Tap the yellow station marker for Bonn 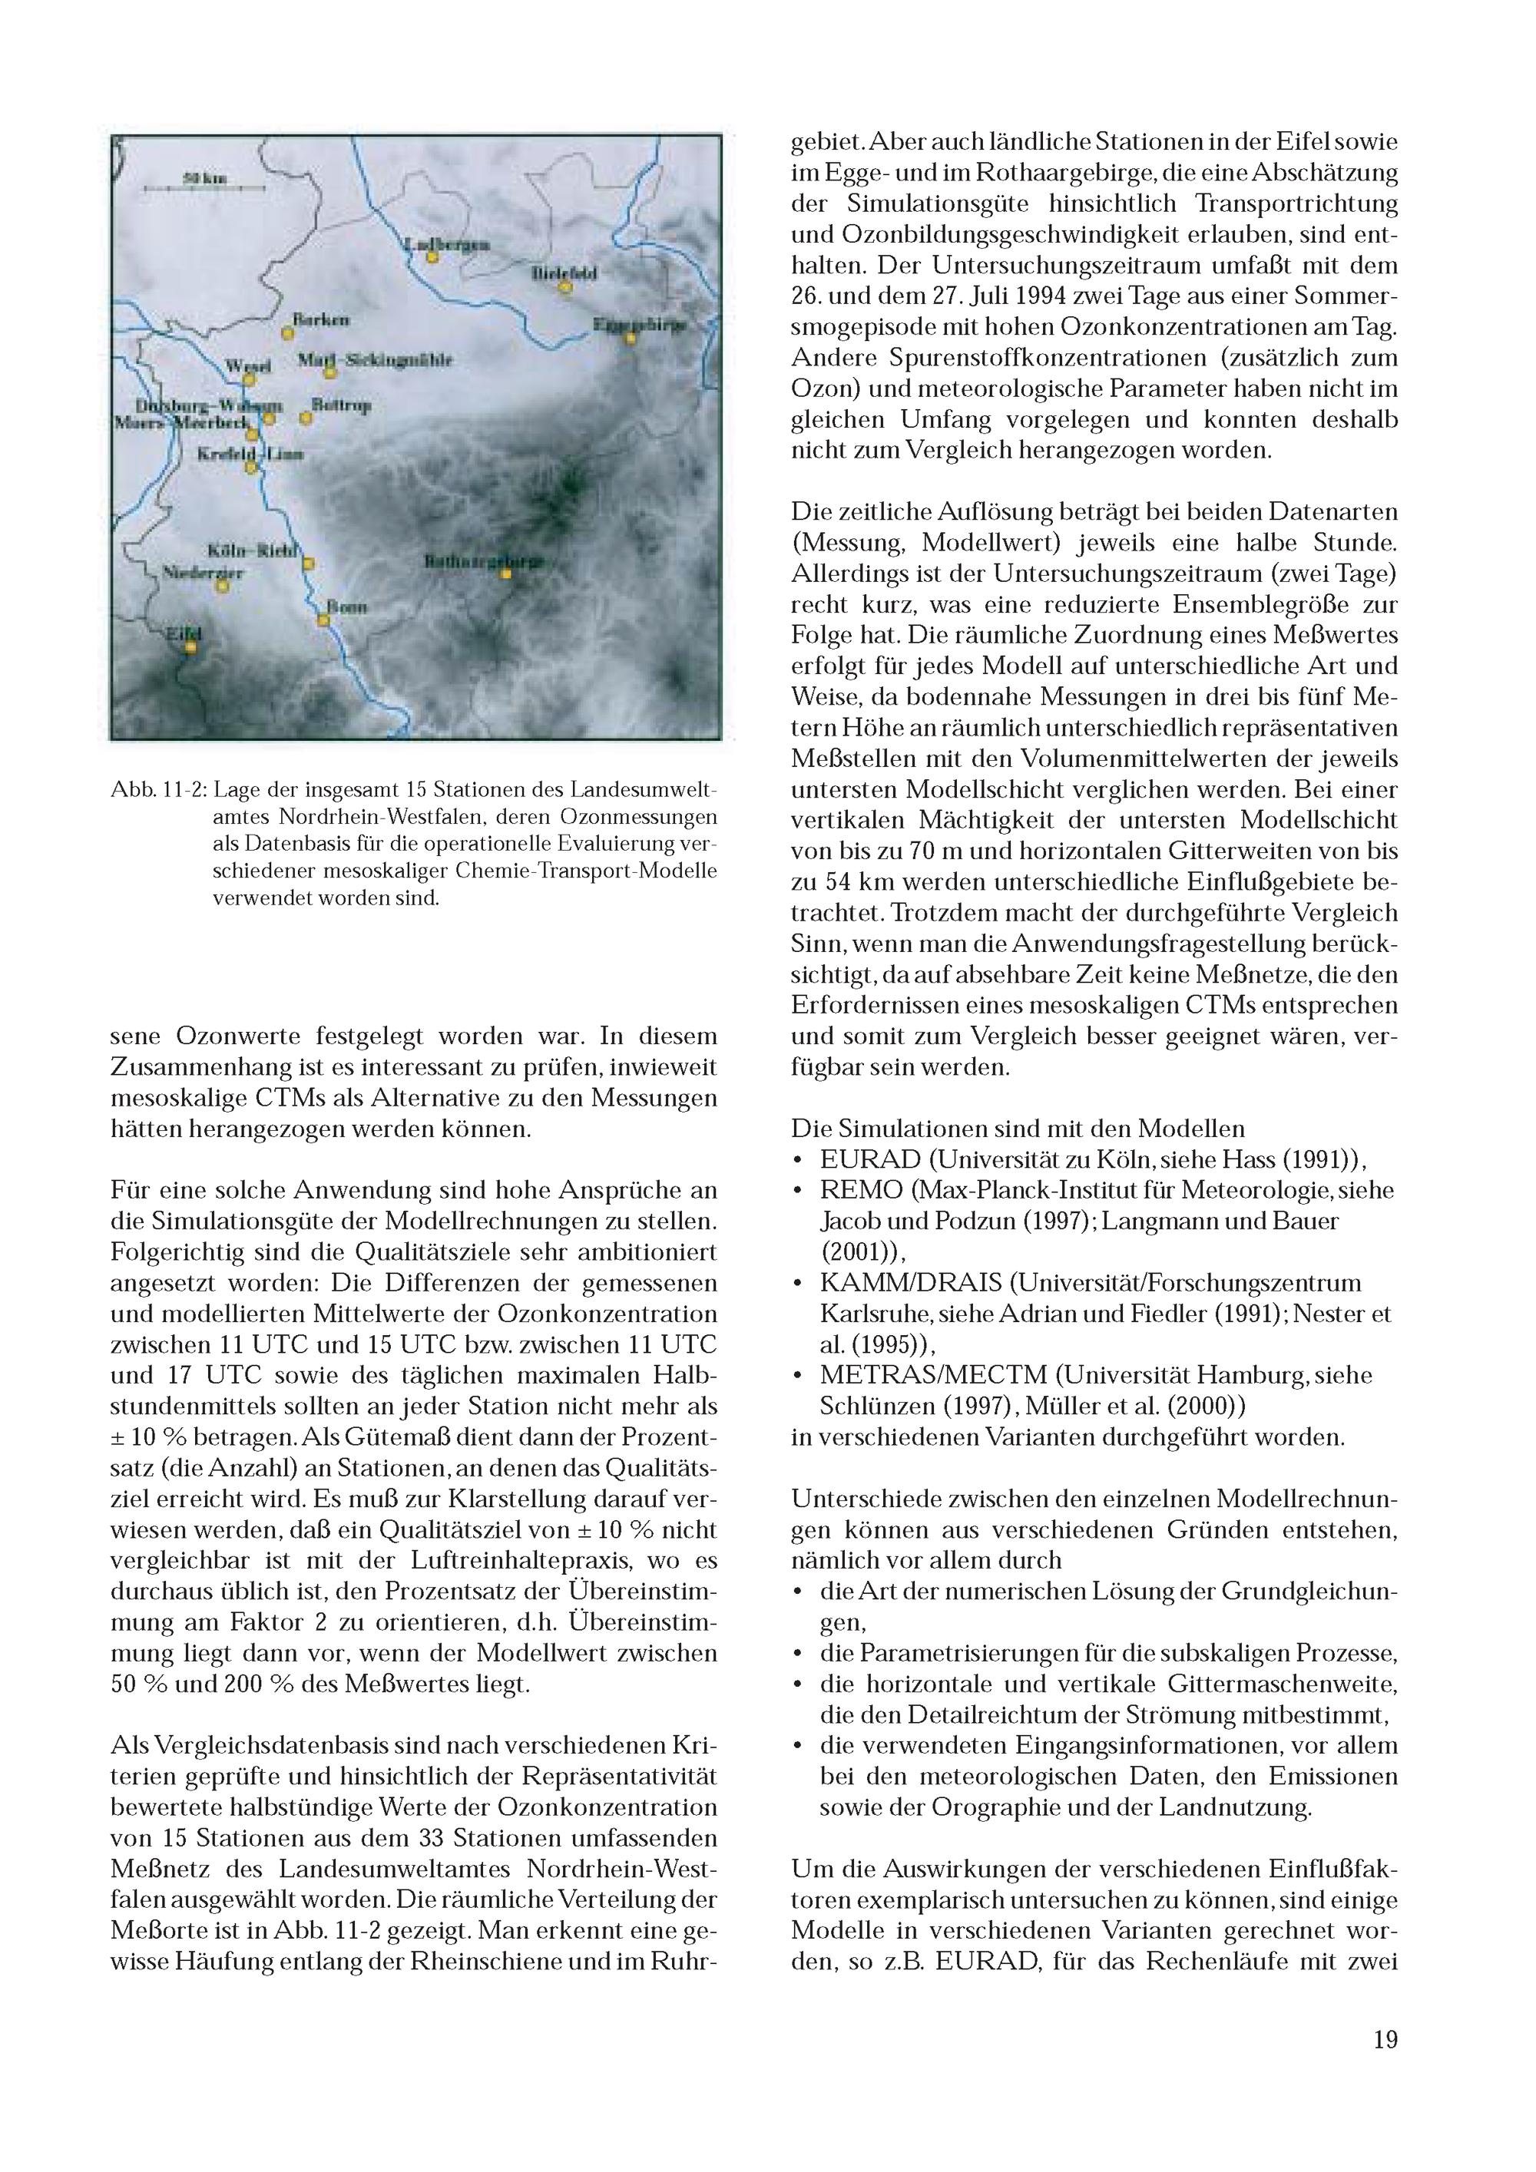tap(323, 620)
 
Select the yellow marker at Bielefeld tap(565, 286)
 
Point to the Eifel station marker tap(191, 647)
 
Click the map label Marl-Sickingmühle tap(376, 360)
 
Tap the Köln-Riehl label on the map tap(253, 550)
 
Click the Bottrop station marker tap(306, 416)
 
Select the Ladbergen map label tap(447, 244)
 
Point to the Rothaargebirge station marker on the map tap(506, 574)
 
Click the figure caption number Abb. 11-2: tap(159, 790)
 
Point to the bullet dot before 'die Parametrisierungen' tap(799, 1654)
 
